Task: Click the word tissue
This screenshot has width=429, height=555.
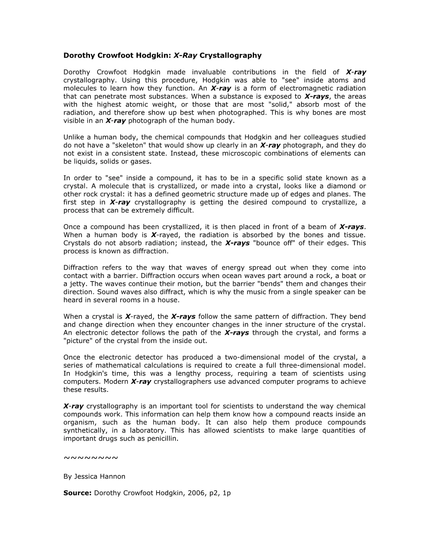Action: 354,235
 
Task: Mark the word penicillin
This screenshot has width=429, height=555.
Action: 162,439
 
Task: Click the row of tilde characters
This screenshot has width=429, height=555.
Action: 90,457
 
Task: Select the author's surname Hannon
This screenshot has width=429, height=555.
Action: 111,477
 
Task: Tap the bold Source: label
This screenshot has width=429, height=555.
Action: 77,493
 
